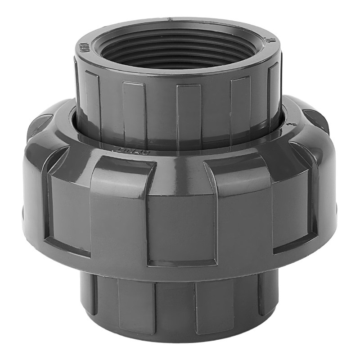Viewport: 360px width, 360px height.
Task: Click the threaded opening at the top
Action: click(x=178, y=49)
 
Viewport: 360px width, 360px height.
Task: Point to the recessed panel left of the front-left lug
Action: click(x=67, y=207)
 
